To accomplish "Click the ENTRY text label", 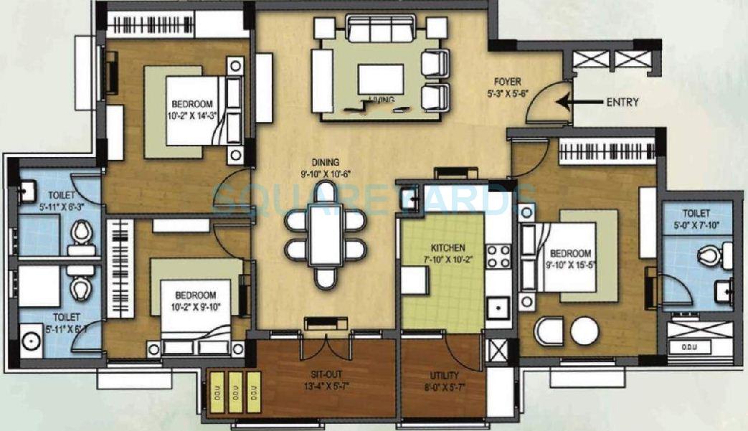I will (x=622, y=102).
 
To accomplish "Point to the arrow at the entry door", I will (x=577, y=102).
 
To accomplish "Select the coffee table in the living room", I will (x=380, y=79).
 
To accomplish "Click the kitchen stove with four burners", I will (x=498, y=257).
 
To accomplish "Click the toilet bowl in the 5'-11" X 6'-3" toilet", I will (x=82, y=232).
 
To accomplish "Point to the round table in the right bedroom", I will (x=584, y=331).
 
